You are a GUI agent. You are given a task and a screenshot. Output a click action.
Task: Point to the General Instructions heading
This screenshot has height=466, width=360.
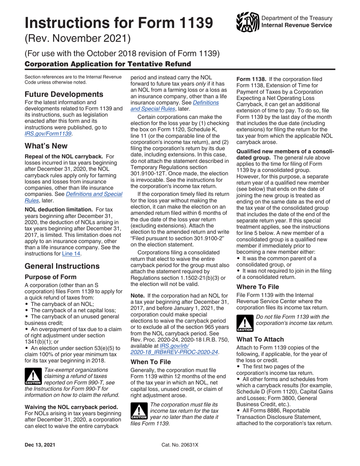[62, 255]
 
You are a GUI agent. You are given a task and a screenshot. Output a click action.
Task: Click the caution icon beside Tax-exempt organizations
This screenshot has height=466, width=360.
[33, 377]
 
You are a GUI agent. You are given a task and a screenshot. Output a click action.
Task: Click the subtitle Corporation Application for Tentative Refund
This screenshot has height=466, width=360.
[108, 64]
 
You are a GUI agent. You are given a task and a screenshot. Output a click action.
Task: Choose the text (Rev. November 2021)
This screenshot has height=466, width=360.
[77, 38]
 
